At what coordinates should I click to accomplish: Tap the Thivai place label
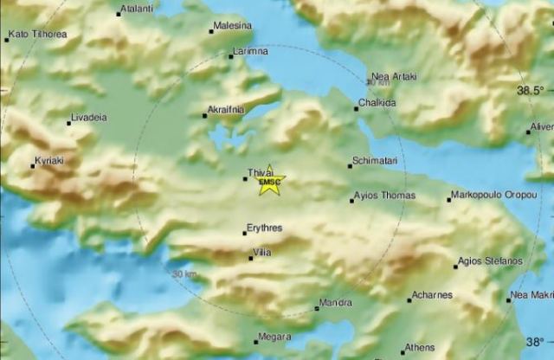pyautogui.click(x=261, y=172)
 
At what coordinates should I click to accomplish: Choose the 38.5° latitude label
pyautogui.click(x=531, y=90)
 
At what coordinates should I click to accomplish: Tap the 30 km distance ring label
pyautogui.click(x=184, y=274)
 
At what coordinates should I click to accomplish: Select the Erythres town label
pyautogui.click(x=265, y=228)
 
